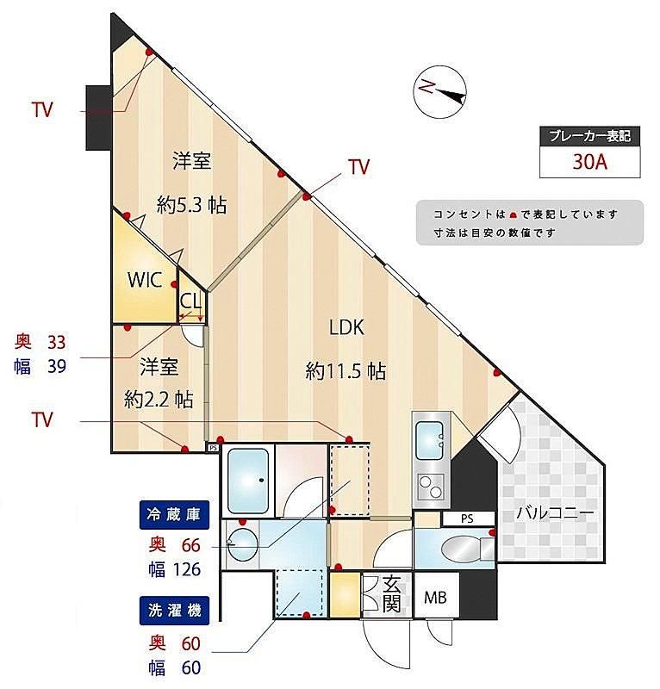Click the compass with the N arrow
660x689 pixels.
[x=439, y=91]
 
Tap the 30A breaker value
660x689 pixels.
[x=589, y=162]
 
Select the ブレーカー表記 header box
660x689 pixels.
[x=589, y=136]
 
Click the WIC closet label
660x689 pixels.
[x=145, y=279]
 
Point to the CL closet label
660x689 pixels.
[x=190, y=301]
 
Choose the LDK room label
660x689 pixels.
[x=347, y=327]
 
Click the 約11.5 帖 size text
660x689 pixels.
[x=346, y=371]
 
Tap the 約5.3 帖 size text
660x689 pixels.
[x=192, y=205]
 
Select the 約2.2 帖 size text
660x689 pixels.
[x=159, y=400]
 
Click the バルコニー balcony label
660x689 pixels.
[x=556, y=512]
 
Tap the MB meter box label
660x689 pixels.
[x=435, y=597]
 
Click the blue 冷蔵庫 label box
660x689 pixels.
[x=174, y=515]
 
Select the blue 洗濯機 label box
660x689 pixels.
[x=174, y=611]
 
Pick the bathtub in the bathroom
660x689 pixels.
[x=248, y=481]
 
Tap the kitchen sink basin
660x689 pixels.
[x=429, y=440]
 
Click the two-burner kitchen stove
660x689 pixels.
[x=431, y=487]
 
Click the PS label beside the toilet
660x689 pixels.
[x=467, y=518]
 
